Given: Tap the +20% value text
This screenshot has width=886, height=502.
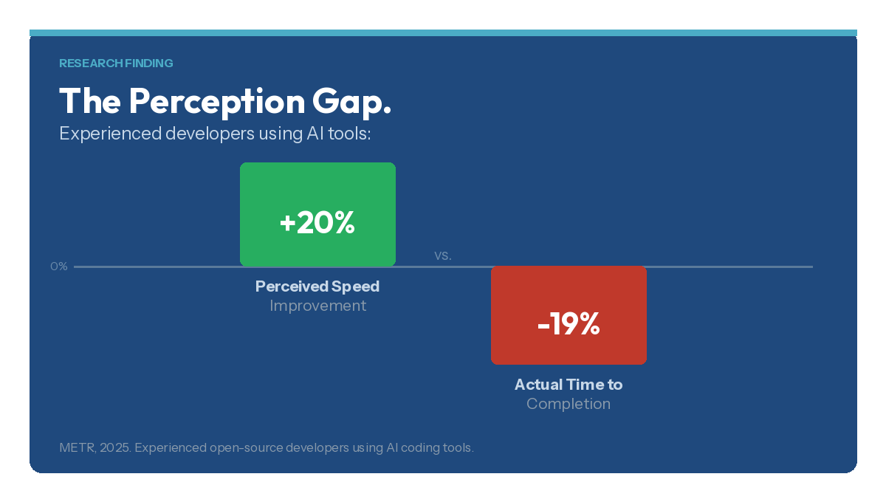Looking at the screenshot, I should tap(317, 223).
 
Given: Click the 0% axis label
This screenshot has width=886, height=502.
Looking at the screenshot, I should tap(59, 267).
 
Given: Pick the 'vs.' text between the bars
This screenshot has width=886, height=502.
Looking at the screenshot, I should tap(442, 255).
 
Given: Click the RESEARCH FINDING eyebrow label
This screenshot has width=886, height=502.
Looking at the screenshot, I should tap(116, 63).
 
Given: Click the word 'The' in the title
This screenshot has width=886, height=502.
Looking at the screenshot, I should tap(89, 101).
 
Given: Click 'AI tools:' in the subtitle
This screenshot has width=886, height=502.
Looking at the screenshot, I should tap(337, 134).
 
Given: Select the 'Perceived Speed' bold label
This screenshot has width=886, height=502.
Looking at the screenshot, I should tap(317, 286).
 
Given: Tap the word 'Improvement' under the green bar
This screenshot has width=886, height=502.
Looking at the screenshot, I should tap(317, 306).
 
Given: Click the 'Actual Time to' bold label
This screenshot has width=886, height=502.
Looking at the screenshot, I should tap(569, 385).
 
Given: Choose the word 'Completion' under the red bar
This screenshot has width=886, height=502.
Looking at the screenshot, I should tap(569, 405).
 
